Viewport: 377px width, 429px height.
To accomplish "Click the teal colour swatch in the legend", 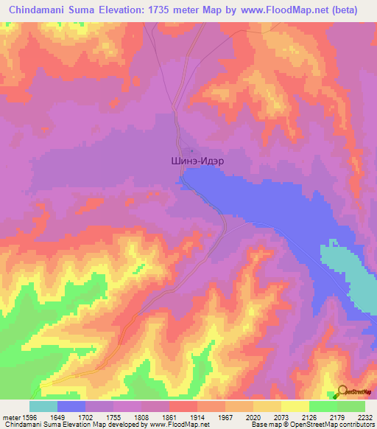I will point(43,406).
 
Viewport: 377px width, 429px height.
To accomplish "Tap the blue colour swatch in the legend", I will point(71,406).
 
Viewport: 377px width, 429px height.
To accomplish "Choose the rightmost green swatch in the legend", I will point(351,406).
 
